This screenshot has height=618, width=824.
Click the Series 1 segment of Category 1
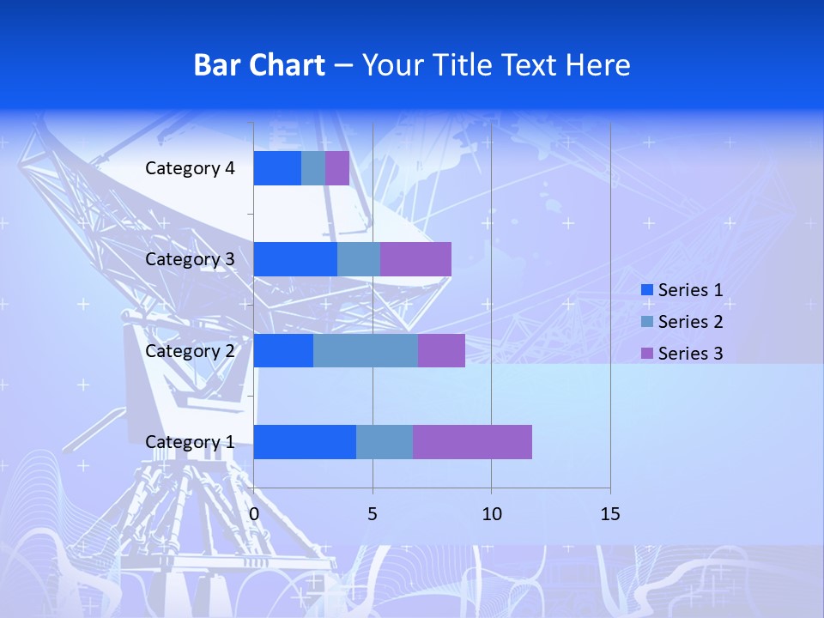click(305, 442)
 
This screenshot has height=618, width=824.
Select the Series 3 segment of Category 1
click(472, 442)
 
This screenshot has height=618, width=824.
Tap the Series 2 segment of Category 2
click(366, 351)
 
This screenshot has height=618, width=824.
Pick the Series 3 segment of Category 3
click(415, 259)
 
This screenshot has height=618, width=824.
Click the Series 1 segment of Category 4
click(277, 168)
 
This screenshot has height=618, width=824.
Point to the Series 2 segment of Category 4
click(313, 168)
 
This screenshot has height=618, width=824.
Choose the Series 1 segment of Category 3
click(295, 259)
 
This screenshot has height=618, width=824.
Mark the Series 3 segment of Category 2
click(441, 351)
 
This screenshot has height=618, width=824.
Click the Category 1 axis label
click(190, 442)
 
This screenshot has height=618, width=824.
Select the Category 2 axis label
click(190, 351)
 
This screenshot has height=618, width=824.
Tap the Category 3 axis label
click(190, 259)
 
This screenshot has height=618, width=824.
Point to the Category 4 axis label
click(190, 168)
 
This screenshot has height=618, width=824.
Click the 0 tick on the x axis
click(254, 514)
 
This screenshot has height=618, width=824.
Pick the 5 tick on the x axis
click(373, 514)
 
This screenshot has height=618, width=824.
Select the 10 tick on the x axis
click(491, 514)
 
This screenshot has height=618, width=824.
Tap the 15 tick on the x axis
click(609, 514)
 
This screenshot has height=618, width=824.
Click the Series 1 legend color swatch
click(647, 290)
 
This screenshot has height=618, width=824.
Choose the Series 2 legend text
click(690, 322)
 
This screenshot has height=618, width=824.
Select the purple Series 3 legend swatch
click(647, 354)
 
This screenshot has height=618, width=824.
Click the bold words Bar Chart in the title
click(259, 65)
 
